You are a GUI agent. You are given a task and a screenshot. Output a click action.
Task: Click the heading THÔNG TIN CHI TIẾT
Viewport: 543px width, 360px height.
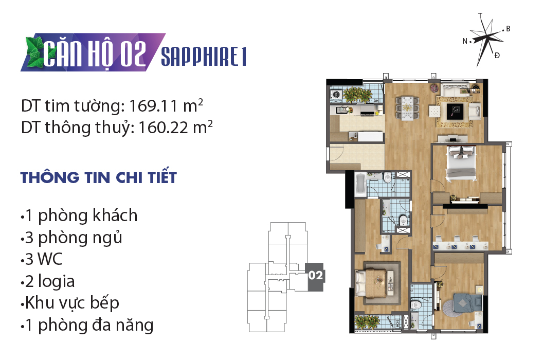[x=99, y=177]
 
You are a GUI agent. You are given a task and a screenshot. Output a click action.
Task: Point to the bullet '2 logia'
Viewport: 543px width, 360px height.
[x=47, y=281]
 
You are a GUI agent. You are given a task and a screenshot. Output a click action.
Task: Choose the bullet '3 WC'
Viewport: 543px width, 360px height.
[x=42, y=259]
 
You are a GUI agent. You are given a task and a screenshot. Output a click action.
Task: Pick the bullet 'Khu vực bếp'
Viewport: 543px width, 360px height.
[x=69, y=303]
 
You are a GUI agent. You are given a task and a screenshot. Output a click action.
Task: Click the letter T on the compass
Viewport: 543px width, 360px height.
[x=480, y=16]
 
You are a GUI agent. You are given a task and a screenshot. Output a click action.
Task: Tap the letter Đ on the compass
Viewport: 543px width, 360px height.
[x=497, y=56]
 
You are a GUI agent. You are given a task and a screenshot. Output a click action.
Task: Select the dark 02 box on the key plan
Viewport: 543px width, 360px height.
[x=315, y=277]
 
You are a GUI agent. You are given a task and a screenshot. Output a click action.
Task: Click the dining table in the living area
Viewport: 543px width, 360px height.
[x=407, y=108]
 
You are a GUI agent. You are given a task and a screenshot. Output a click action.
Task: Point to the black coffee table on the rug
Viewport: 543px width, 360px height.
[x=455, y=111]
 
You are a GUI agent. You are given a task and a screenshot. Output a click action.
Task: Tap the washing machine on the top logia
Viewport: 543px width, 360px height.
[x=335, y=94]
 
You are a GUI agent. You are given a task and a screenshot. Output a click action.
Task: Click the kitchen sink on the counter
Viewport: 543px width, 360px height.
[x=342, y=110]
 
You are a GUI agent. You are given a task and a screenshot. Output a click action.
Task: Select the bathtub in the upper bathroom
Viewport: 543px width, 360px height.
[x=360, y=184]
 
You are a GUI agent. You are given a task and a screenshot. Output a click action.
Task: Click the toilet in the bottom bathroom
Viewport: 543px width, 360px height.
[x=416, y=304]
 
